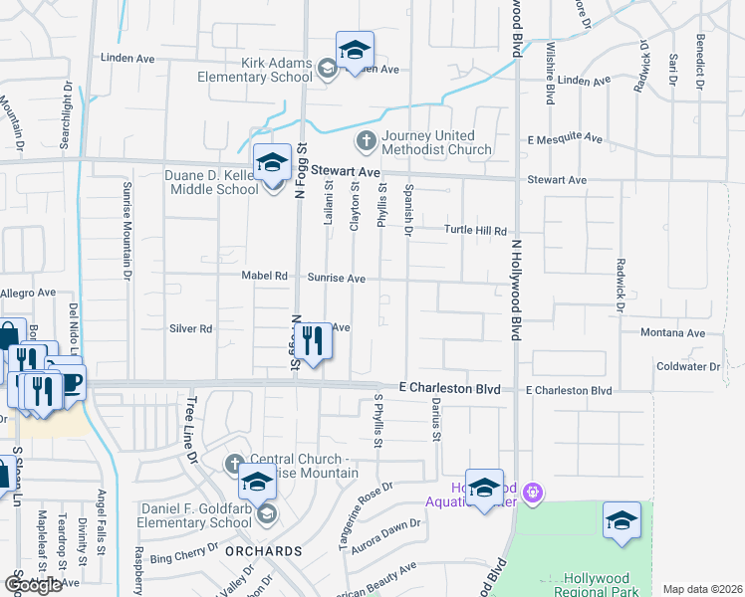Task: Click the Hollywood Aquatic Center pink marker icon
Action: [x=534, y=491]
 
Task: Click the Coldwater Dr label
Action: [x=688, y=367]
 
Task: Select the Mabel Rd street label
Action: [x=264, y=276]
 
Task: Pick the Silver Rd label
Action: [x=191, y=328]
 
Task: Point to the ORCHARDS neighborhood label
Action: [x=263, y=551]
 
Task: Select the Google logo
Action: [x=32, y=585]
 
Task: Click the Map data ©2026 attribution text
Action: [x=702, y=589]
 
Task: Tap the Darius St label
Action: [x=436, y=421]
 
